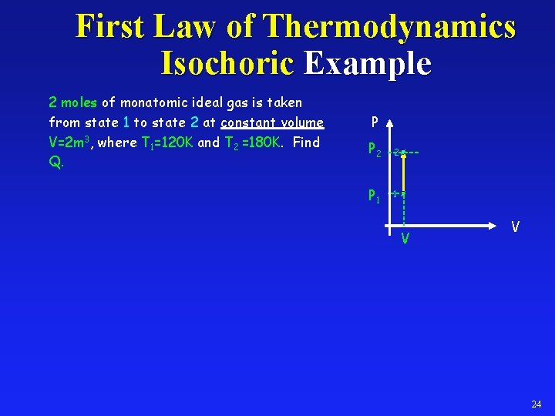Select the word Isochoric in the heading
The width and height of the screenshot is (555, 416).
(x=227, y=63)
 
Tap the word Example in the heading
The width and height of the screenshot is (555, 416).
(x=367, y=63)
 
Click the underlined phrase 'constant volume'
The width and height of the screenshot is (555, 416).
(x=272, y=122)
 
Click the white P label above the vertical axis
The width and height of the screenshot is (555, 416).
(x=374, y=122)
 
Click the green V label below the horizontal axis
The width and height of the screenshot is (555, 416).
(x=404, y=240)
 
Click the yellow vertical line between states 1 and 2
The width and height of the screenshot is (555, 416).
(x=403, y=173)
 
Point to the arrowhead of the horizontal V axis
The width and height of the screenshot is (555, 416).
(x=499, y=226)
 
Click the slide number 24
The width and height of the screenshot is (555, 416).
(x=536, y=404)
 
